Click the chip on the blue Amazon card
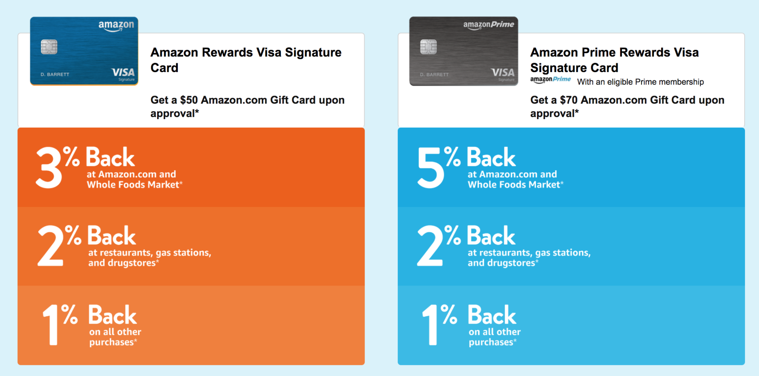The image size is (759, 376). tap(49, 47)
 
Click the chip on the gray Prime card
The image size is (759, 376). tap(428, 47)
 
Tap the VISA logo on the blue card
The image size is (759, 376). tap(123, 72)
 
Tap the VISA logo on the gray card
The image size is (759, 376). tap(503, 72)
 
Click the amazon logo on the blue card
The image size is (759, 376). tap(116, 26)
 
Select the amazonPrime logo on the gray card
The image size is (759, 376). tap(488, 25)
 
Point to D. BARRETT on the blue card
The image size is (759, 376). tap(55, 75)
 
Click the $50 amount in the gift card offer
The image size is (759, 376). tap(189, 100)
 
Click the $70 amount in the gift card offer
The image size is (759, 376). tap(569, 100)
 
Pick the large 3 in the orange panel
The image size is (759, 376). tap(49, 167)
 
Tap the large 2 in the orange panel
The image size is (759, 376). tap(51, 246)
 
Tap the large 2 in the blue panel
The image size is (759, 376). tap(430, 246)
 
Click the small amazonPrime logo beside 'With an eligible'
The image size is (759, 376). tap(550, 79)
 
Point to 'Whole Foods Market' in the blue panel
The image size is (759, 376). tap(514, 185)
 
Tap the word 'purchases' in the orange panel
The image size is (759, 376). tap(111, 342)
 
